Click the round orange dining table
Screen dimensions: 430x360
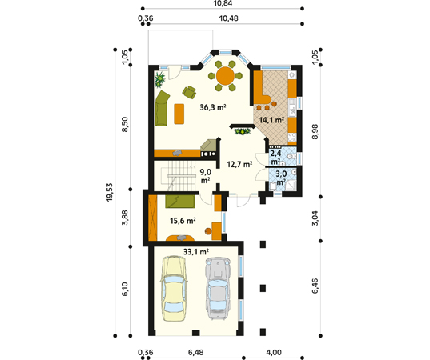coord(226,76)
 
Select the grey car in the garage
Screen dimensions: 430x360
coord(218,289)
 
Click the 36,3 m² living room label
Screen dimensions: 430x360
coord(213,107)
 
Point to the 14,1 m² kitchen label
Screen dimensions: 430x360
coord(271,120)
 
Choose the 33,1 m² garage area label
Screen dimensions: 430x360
coord(196,251)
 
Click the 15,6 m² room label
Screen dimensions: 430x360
coord(183,221)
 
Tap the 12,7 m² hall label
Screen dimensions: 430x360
coord(239,164)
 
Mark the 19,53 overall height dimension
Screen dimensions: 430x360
coord(110,193)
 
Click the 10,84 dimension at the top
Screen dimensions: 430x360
coord(223,3)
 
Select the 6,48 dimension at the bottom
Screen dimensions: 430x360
coord(196,352)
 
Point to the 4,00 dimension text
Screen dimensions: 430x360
coord(273,352)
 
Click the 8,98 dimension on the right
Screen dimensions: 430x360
coord(315,132)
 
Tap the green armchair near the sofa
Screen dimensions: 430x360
coord(189,92)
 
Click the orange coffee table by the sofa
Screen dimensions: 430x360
coord(179,114)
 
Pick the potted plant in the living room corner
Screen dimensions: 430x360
coord(159,79)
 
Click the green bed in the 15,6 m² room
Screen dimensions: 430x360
coord(180,202)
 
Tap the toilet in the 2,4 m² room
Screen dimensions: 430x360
coord(291,157)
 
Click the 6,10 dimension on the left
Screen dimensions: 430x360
coord(125,291)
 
